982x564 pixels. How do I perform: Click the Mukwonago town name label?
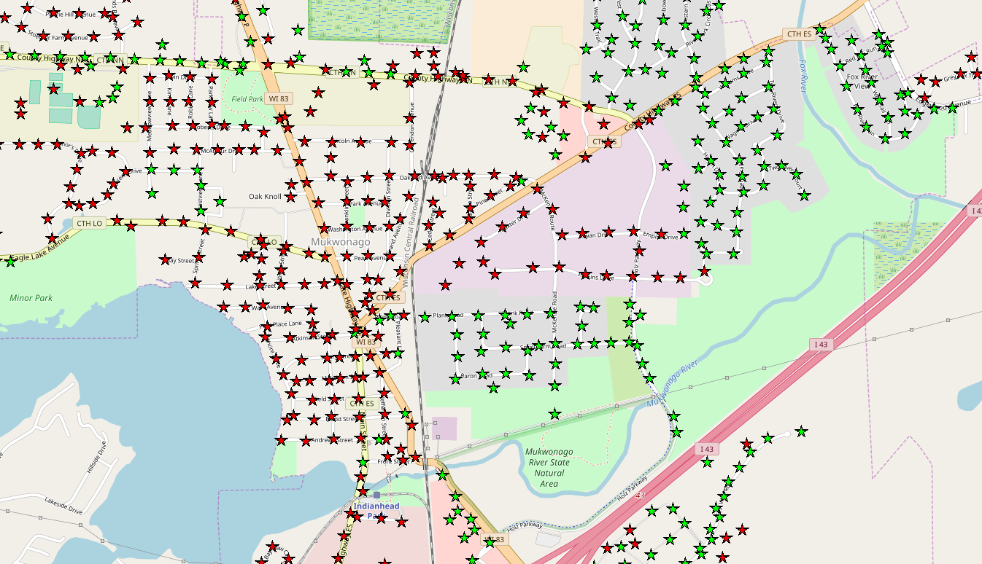coord(341,241)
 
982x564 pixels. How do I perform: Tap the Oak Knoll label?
coord(265,197)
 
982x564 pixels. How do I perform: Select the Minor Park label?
coord(31,297)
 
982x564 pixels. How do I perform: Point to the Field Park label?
coord(247,98)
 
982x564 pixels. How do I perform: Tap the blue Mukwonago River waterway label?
coord(669,385)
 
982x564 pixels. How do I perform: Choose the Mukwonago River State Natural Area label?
coord(549,468)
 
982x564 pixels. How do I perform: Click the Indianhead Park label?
coord(376,511)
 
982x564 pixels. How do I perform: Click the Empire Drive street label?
coord(660,235)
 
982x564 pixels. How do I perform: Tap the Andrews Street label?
coord(332,440)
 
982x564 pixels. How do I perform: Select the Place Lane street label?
coord(286,323)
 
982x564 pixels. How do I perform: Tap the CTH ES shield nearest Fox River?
coord(797,34)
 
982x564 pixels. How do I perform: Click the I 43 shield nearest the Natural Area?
coord(705,449)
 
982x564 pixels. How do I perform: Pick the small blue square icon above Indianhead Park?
coord(376,495)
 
